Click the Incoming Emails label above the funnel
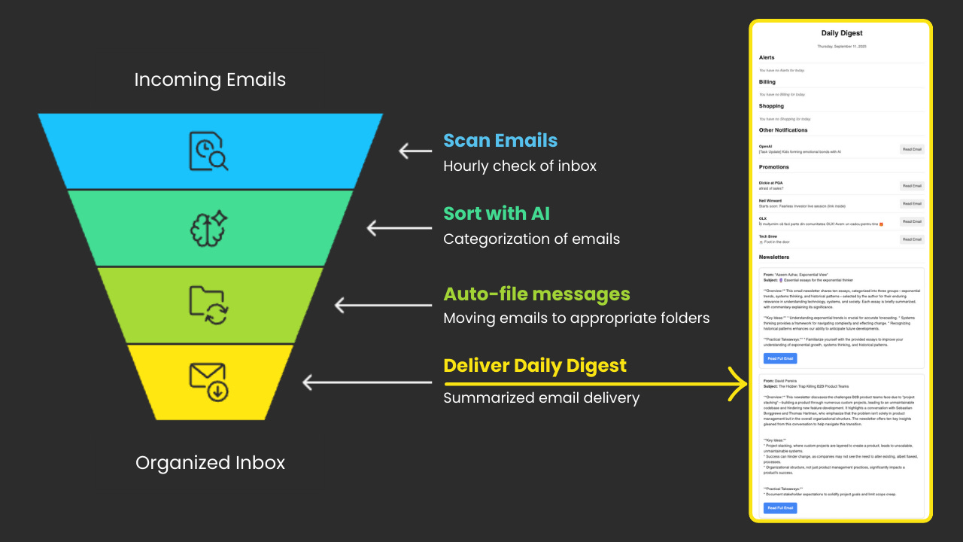(x=210, y=80)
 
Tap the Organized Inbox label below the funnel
(x=210, y=462)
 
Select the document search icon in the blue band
(x=208, y=151)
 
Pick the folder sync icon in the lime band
(x=208, y=305)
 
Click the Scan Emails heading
(x=500, y=140)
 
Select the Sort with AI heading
(x=497, y=214)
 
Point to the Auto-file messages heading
(x=536, y=294)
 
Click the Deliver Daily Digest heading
(x=535, y=366)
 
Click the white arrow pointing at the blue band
(x=415, y=151)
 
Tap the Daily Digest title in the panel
(x=841, y=33)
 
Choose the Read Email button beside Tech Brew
(x=912, y=239)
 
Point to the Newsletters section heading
(x=776, y=257)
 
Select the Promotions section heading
(x=774, y=167)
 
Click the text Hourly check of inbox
(x=520, y=166)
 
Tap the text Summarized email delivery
(x=541, y=397)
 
